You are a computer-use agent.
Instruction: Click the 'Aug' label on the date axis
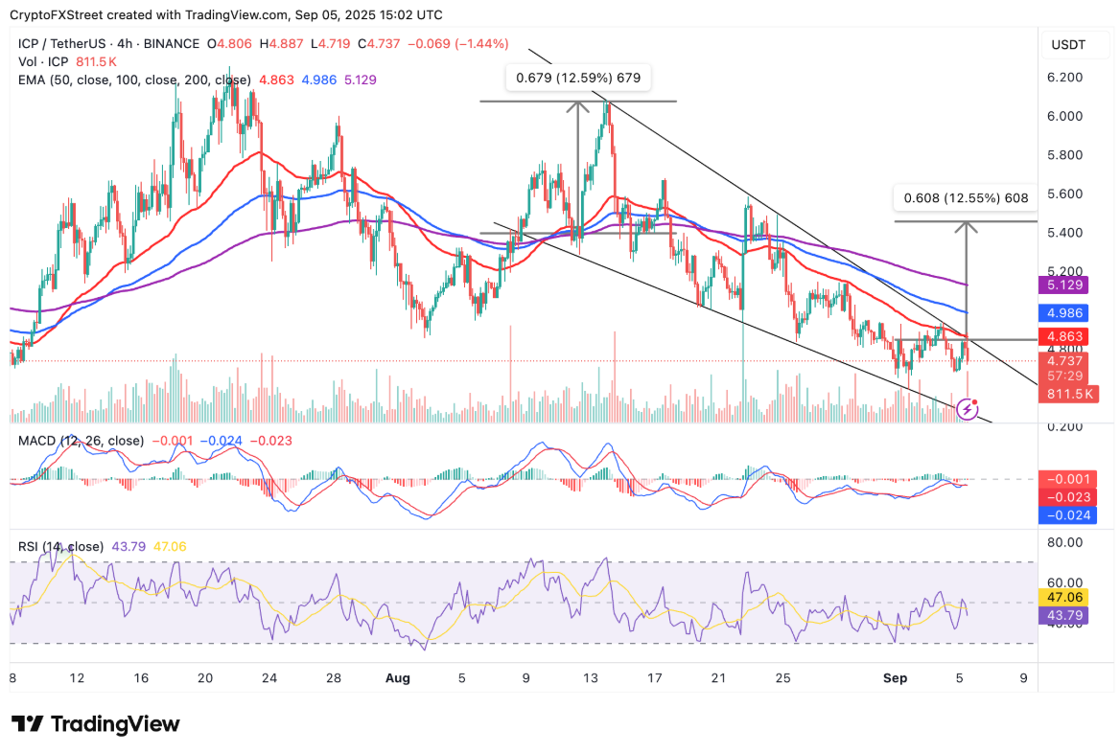click(398, 678)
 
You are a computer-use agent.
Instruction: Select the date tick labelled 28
click(333, 678)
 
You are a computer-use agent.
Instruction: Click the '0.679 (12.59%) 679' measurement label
click(578, 78)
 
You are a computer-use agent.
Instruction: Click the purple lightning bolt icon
click(968, 409)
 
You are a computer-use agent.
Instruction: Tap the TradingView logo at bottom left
click(95, 724)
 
